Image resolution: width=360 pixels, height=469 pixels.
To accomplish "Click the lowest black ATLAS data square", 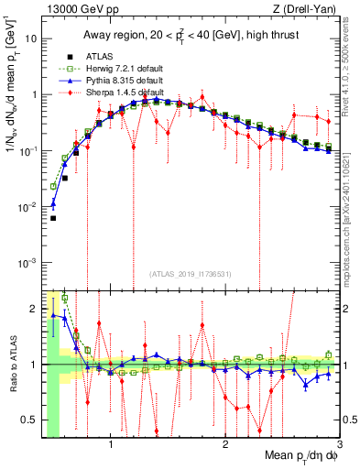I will (x=53, y=218).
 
